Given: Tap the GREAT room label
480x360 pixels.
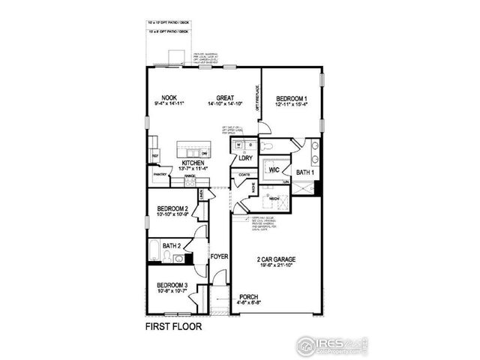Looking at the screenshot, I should tap(225, 97).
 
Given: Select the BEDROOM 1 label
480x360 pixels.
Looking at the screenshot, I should tap(291, 97).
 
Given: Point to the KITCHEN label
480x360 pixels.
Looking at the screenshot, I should tap(193, 163).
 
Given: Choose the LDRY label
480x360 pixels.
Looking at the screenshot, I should tap(245, 158).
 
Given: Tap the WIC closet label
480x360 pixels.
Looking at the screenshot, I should tap(275, 169).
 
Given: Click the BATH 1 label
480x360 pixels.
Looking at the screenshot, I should tap(304, 172).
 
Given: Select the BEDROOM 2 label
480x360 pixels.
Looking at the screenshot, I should tap(172, 210).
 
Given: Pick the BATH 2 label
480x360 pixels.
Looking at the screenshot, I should tap(171, 245).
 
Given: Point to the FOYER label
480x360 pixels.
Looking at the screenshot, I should tap(218, 256).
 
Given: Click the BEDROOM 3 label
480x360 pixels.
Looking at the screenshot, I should tap(172, 285).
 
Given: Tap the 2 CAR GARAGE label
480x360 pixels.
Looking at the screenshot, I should tap(274, 259).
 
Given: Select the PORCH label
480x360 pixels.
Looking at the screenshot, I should tap(249, 297).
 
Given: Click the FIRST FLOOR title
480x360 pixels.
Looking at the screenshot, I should tap(173, 328).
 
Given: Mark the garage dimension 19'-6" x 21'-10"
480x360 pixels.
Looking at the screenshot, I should tap(274, 266).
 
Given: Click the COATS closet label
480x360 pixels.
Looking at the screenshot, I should tap(243, 175).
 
